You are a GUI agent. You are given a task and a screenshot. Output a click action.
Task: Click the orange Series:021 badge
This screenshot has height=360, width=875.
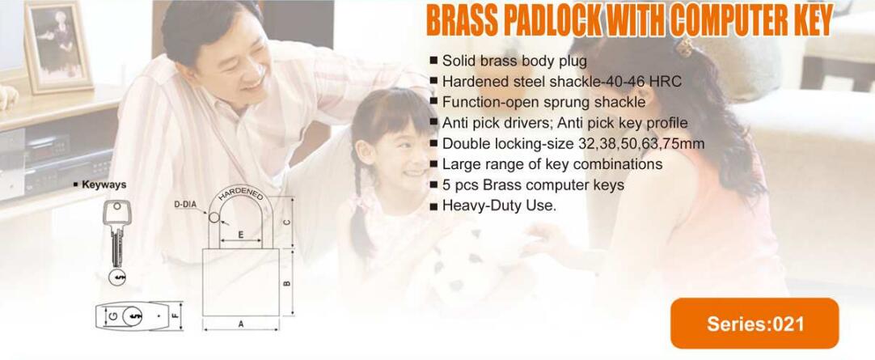[755, 323]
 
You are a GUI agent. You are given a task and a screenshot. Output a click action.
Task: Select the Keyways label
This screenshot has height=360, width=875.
[101, 184]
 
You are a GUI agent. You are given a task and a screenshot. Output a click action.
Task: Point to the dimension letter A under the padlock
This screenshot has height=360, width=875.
[241, 324]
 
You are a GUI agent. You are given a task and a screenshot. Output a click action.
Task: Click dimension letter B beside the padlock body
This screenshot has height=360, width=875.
[287, 283]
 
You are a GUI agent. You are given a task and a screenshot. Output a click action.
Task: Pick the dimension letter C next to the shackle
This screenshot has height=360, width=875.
[287, 222]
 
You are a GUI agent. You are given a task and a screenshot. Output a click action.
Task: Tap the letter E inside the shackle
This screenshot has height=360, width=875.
[240, 235]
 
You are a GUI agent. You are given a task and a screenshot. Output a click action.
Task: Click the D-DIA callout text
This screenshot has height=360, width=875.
[185, 205]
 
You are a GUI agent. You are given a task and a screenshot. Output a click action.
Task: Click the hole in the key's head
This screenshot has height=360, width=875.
[116, 206]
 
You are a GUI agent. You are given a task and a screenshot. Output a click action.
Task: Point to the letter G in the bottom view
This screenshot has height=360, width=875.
[112, 316]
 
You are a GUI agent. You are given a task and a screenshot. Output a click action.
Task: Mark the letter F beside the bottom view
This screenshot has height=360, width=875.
[175, 316]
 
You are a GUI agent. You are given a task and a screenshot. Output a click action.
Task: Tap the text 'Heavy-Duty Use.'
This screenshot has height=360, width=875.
[500, 205]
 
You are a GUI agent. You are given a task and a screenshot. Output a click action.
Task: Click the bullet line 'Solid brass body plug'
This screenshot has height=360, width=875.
[509, 61]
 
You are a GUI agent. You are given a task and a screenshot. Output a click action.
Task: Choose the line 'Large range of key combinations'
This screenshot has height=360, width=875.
[547, 164]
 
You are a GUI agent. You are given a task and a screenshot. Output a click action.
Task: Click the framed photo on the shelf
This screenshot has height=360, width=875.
[58, 45]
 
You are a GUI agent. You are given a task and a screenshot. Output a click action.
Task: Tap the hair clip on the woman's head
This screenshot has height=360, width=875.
[684, 47]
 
